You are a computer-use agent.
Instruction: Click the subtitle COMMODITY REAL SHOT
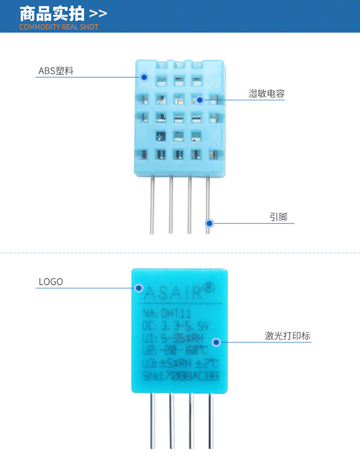[59, 27]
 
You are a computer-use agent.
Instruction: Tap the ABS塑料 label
[56, 71]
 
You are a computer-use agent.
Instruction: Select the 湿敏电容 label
[266, 94]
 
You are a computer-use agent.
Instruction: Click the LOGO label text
[50, 282]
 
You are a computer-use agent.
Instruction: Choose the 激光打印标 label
[288, 336]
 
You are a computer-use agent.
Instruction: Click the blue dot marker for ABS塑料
[144, 77]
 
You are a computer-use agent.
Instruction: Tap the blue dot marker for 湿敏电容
[200, 100]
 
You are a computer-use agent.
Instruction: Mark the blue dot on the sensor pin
[209, 223]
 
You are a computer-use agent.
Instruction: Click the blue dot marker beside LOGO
[139, 288]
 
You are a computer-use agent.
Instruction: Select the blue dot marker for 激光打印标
[216, 342]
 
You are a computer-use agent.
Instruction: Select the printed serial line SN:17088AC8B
[180, 376]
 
